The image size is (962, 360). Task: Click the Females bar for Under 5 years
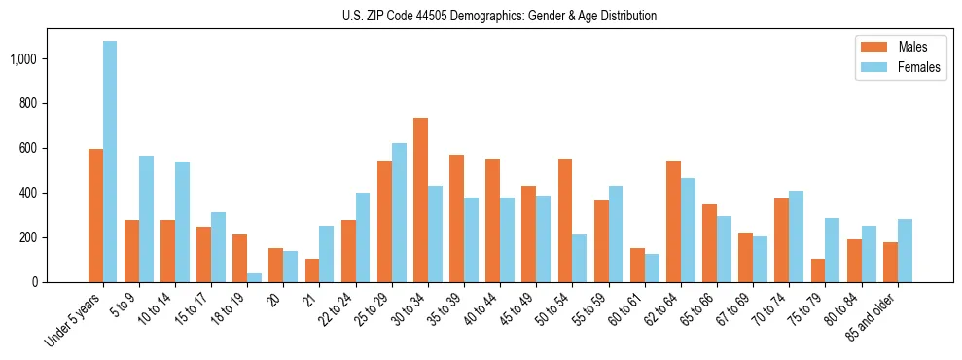pos(110,162)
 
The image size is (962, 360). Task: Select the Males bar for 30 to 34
pos(420,199)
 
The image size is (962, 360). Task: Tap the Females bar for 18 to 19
pos(254,277)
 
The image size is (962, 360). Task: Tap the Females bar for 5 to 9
pos(146,219)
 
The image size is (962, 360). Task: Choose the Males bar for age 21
pos(312,270)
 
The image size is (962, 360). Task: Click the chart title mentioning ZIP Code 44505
pos(499,16)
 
